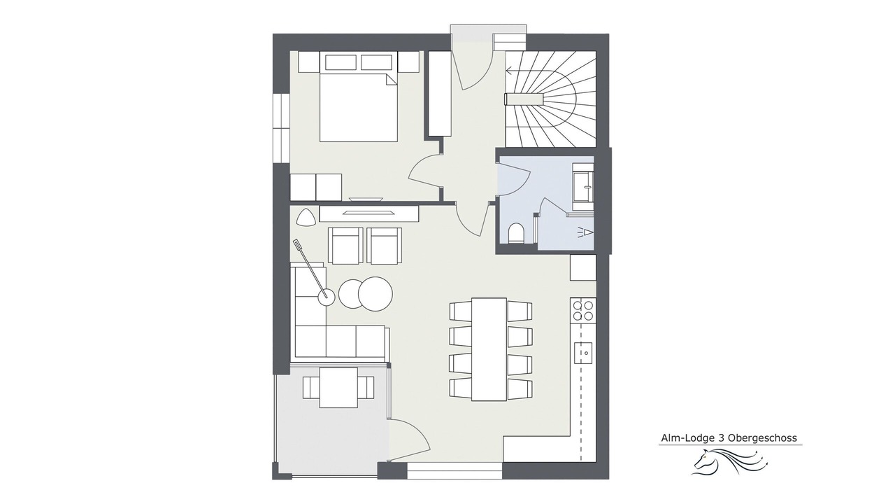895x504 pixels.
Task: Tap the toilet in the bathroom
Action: coord(517,233)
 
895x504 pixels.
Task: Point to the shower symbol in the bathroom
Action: coord(585,232)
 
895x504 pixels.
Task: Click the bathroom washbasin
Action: coord(583,186)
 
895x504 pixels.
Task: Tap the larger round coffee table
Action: coord(375,293)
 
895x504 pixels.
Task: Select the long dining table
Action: coord(489,349)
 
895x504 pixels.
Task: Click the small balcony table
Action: coord(338,388)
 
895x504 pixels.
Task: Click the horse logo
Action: coord(731,461)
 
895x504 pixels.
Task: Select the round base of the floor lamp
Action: coord(327,297)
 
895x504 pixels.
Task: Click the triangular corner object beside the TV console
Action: coord(306,216)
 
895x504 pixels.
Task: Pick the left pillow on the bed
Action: coord(341,62)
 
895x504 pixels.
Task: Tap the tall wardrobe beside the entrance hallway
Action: coord(440,94)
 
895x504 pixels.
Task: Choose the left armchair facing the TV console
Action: coord(345,246)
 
